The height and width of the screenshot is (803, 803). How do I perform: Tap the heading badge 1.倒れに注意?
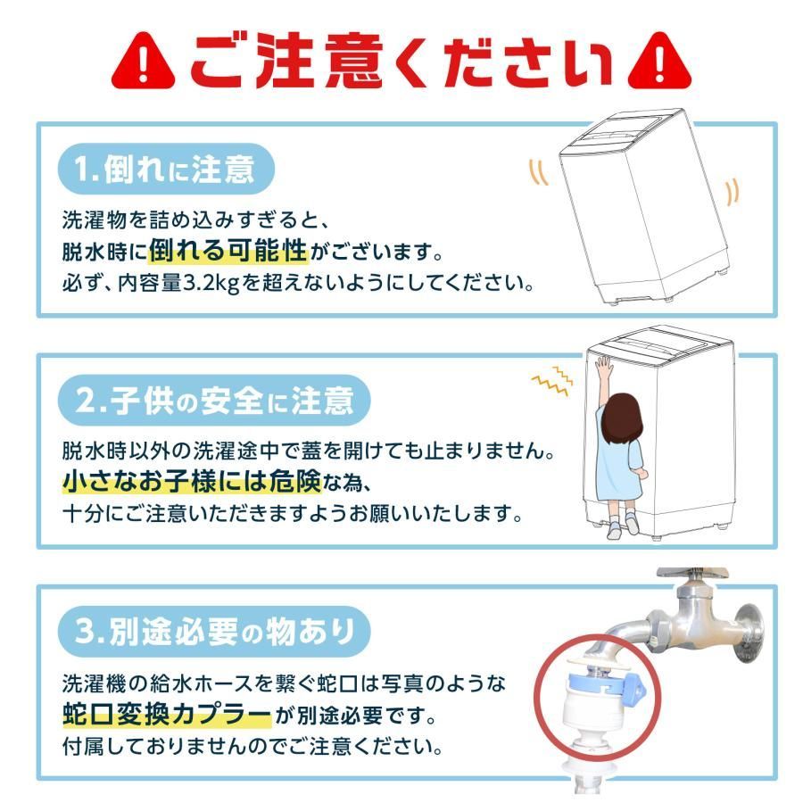164,169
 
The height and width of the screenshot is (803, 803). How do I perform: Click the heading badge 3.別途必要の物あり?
214,633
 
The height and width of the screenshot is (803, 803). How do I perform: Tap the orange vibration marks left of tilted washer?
539,171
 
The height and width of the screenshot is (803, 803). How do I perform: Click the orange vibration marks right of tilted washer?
732,190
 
